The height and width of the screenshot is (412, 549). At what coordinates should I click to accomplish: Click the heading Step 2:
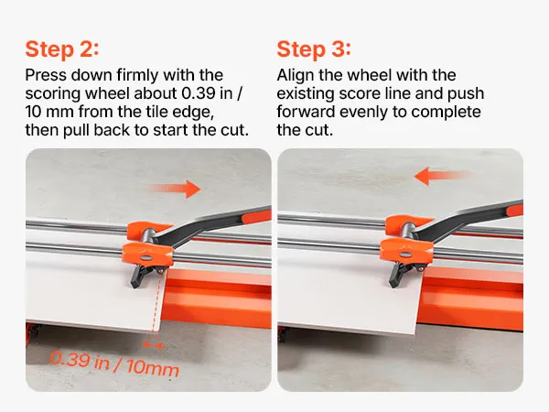tap(62, 49)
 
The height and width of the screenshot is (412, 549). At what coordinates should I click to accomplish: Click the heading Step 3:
tap(314, 49)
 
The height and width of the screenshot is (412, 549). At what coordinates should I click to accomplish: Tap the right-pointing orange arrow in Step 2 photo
tap(175, 190)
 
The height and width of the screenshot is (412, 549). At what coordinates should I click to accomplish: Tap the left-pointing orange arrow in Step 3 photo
tap(442, 176)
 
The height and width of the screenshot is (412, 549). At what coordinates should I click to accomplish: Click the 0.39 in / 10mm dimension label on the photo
tap(114, 364)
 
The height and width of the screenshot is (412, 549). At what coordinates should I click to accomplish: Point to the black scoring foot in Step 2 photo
tap(142, 276)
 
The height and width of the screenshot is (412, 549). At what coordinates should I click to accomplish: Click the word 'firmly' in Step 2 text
tap(137, 75)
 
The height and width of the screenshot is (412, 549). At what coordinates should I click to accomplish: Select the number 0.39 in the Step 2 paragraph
tap(199, 93)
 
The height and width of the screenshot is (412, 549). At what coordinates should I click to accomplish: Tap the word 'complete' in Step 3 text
tap(447, 113)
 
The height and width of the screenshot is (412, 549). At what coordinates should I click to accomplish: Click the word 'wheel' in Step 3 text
tap(369, 75)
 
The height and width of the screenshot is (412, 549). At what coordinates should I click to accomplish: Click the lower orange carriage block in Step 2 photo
tap(147, 254)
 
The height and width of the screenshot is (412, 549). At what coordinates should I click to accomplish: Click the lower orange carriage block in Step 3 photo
tap(406, 250)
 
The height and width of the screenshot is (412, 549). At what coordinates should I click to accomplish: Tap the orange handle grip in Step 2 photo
tap(256, 216)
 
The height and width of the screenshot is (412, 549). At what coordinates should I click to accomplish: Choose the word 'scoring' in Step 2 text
tap(54, 94)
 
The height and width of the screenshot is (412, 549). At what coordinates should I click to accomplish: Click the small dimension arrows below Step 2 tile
tap(154, 346)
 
